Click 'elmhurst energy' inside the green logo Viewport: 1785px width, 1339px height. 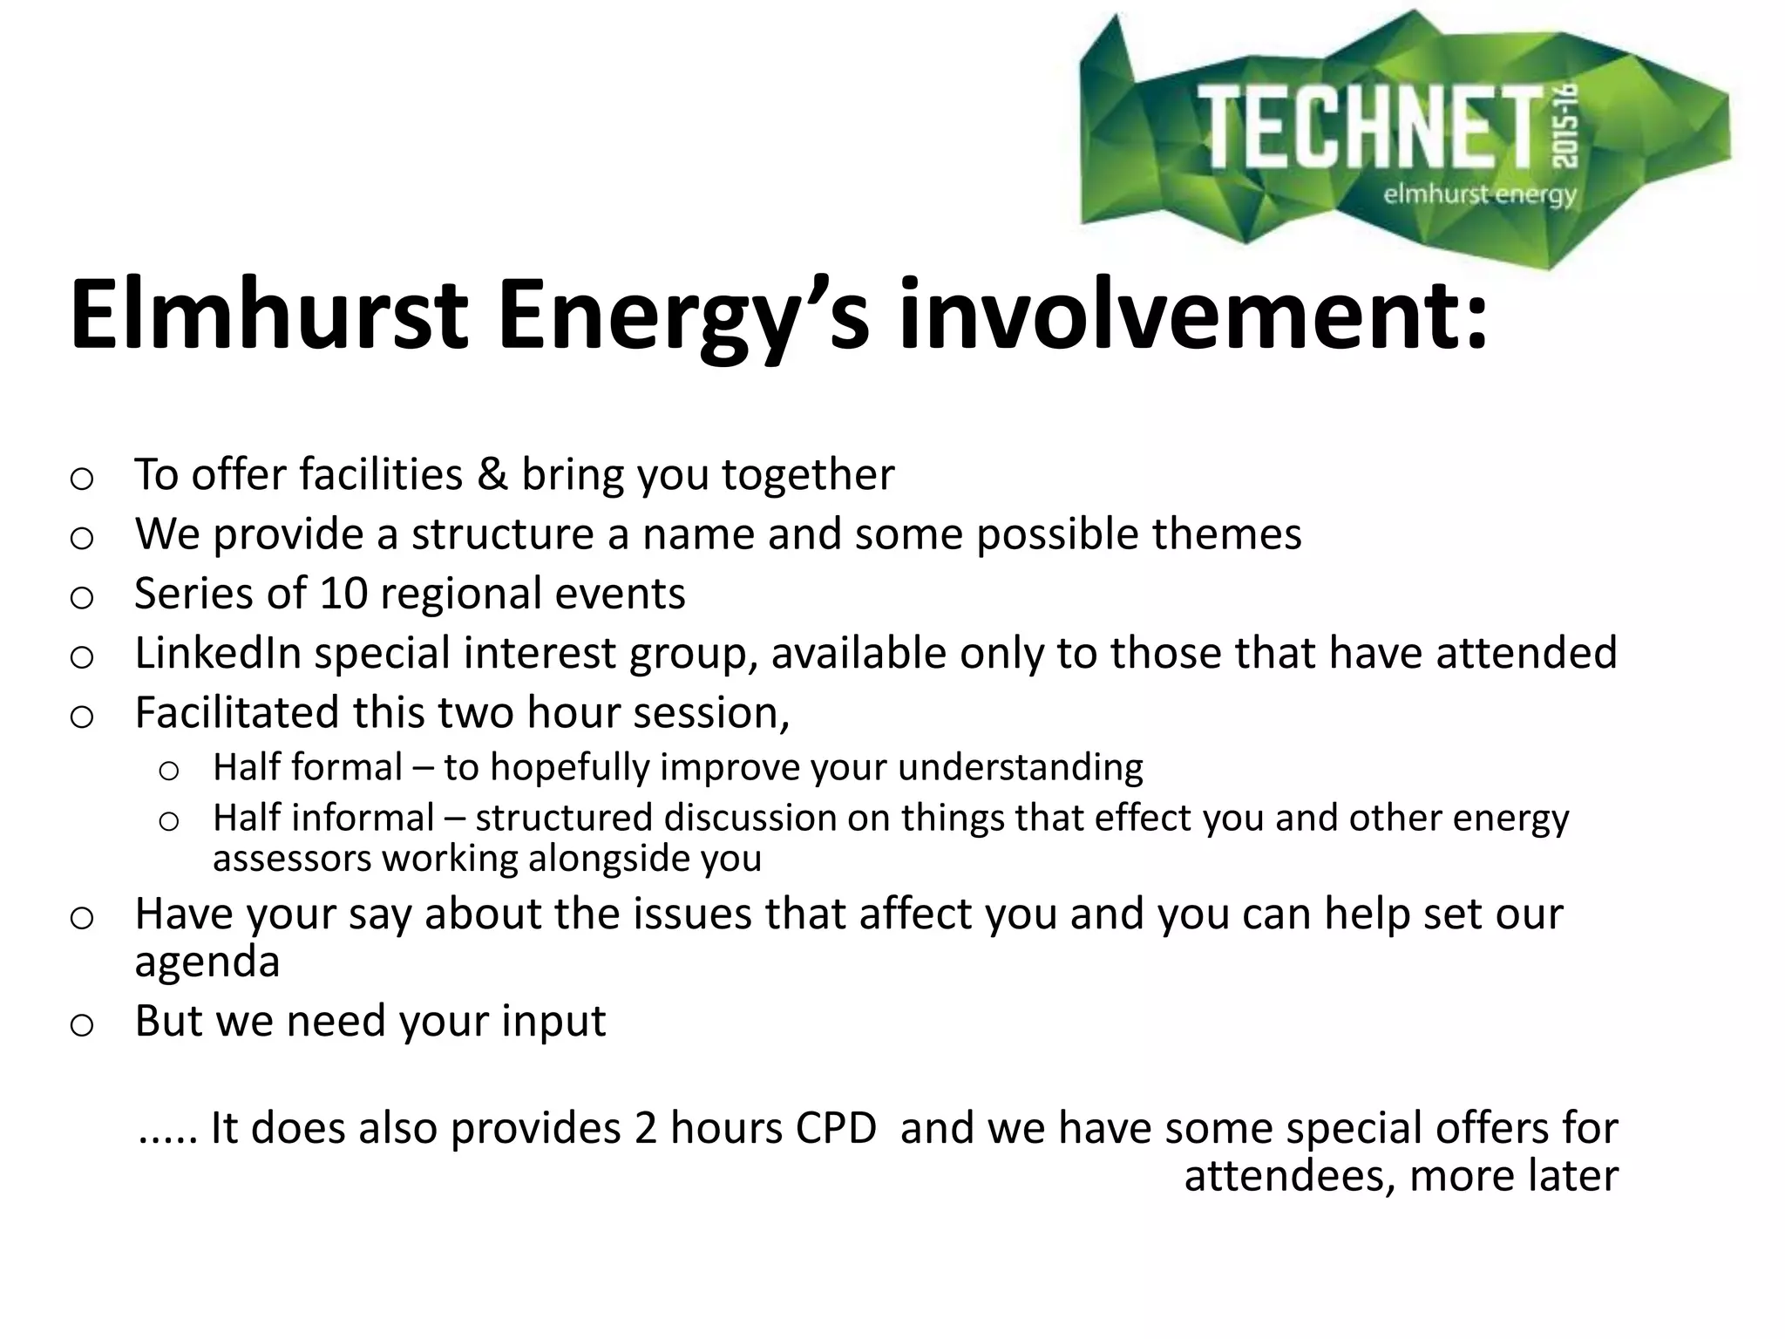point(1479,194)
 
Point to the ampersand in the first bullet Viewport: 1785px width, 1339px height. point(492,475)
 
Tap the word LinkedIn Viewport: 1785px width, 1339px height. point(218,653)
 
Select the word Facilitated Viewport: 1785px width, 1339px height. point(236,712)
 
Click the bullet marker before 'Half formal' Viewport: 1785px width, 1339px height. point(169,770)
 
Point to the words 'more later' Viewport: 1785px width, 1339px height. point(1513,1175)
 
